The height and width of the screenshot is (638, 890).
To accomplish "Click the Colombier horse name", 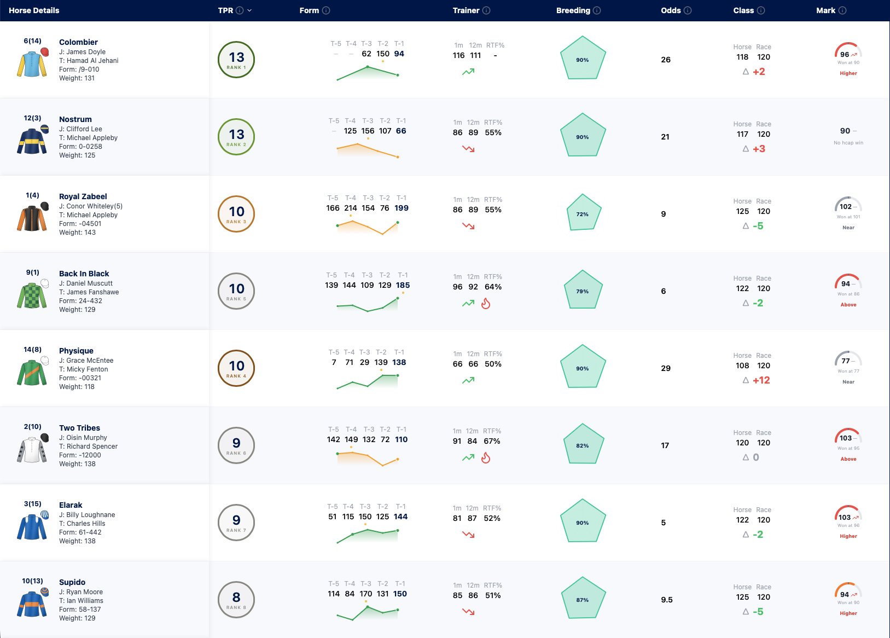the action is [78, 42].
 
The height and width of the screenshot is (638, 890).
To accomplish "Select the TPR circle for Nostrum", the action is [236, 137].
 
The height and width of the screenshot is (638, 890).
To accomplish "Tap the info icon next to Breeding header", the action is [597, 11].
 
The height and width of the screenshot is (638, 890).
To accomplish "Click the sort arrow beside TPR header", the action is [249, 11].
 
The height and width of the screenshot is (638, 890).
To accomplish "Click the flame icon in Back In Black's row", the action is [486, 304].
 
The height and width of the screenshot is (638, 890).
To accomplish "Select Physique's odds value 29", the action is [666, 368].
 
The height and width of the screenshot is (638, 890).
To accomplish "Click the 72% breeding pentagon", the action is [583, 213].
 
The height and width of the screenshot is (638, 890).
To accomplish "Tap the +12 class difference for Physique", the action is [761, 380].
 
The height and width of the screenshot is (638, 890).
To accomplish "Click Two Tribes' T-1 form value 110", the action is [402, 439].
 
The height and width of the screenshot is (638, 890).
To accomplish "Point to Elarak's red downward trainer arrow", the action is [468, 535].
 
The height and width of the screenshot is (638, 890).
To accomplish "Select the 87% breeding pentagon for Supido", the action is [583, 598].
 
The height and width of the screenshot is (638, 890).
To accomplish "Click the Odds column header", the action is [671, 11].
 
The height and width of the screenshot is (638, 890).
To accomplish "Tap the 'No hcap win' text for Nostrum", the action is [848, 143].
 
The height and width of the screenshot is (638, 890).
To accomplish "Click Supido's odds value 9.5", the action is [667, 600].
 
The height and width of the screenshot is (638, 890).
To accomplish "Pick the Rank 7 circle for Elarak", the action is [236, 523].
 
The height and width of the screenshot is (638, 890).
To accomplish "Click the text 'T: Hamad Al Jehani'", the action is [89, 60].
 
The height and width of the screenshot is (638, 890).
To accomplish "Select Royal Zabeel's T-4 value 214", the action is [351, 208].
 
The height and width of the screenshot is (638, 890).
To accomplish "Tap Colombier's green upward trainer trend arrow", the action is [468, 72].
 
